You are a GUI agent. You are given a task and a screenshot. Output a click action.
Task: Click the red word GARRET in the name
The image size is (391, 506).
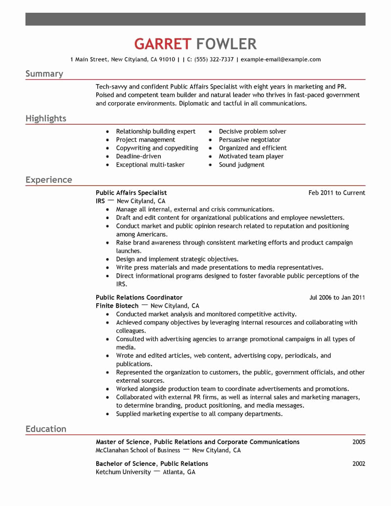point(162,44)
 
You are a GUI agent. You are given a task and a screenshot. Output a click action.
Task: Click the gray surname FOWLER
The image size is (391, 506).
point(226,44)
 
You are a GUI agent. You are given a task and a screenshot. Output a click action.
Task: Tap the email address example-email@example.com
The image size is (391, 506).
point(281,60)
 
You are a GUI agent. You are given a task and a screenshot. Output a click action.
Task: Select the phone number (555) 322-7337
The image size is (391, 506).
point(214,60)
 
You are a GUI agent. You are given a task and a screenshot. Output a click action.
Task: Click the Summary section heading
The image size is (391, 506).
point(44,74)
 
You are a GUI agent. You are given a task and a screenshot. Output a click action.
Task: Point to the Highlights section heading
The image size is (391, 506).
point(45,119)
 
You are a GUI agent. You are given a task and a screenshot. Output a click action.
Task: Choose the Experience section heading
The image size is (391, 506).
point(48,180)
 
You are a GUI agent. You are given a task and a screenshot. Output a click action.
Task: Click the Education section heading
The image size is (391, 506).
point(45,429)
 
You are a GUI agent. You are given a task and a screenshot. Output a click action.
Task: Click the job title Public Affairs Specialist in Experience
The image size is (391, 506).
point(131,193)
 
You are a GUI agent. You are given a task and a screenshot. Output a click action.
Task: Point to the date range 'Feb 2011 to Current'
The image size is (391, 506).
point(336,193)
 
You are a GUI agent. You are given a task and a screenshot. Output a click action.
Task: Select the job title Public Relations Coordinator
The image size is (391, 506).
point(139,297)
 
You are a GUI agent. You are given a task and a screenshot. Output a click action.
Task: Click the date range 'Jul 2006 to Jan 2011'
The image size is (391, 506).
point(337,297)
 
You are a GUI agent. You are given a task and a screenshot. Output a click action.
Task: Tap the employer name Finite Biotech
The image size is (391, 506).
point(117,306)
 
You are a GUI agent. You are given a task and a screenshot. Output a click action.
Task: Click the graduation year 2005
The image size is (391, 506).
point(359,442)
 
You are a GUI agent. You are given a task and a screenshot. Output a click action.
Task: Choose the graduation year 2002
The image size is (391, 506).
point(359,463)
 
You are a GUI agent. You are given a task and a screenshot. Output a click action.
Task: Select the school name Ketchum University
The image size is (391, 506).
point(123,472)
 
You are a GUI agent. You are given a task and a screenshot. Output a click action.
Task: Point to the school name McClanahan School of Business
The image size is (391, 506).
point(138,450)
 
